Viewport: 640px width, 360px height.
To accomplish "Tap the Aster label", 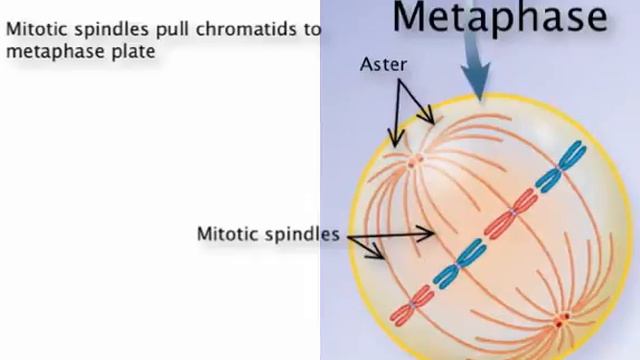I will tap(383, 65).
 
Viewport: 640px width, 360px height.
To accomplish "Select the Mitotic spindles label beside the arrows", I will tap(267, 235).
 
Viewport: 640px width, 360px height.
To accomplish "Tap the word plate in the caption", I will tap(135, 50).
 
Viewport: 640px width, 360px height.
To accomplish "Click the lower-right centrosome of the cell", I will tap(562, 320).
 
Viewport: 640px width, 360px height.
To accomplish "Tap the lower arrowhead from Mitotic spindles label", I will tap(383, 256).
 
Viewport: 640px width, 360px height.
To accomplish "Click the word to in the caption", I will tap(312, 29).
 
